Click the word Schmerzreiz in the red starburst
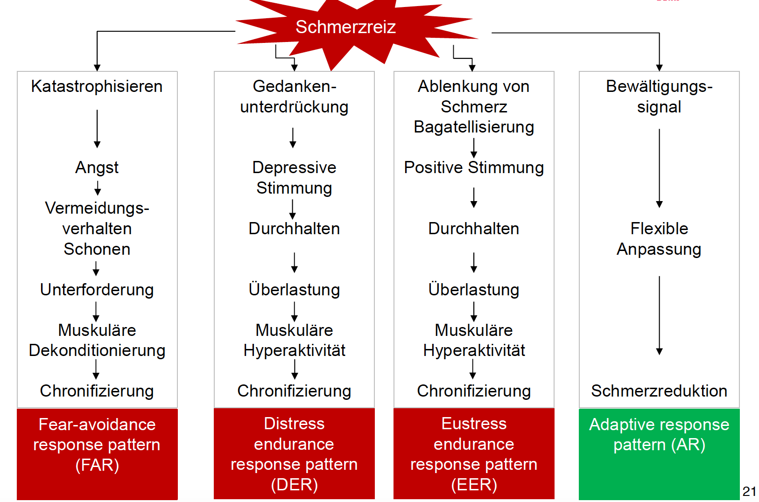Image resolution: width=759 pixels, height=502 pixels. [345, 27]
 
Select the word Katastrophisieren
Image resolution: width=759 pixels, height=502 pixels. [97, 87]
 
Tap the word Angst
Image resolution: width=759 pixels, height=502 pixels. [97, 168]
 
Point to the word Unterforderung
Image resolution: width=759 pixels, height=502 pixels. [97, 290]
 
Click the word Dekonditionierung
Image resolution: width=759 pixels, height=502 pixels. [97, 350]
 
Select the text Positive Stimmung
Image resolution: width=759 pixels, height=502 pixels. [474, 168]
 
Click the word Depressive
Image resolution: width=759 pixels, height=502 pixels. [294, 167]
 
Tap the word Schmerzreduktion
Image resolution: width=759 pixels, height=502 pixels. [659, 391]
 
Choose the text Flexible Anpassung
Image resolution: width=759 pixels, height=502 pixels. [659, 239]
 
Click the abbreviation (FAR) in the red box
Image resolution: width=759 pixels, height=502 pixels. [97, 465]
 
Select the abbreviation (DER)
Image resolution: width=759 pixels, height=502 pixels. [294, 485]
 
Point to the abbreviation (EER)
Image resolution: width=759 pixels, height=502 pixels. [474, 485]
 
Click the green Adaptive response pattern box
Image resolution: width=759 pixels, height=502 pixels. [659, 454]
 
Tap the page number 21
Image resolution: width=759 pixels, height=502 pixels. [749, 491]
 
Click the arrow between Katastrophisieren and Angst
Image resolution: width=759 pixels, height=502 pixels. [97, 129]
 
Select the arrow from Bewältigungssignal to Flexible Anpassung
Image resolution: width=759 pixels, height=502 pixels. [659, 168]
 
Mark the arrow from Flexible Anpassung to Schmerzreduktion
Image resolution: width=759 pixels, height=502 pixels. [659, 316]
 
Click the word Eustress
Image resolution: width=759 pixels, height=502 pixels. [474, 424]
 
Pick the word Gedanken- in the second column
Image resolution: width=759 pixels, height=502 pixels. [294, 87]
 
